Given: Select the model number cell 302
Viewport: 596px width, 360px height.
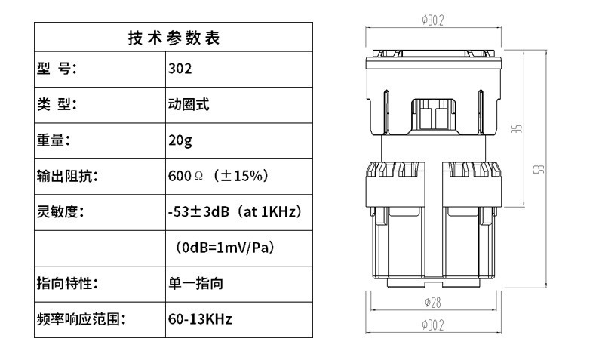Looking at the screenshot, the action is click(x=180, y=69).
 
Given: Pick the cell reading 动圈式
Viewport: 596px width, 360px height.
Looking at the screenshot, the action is click(x=189, y=104).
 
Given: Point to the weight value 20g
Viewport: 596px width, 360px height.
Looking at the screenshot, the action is click(x=181, y=140).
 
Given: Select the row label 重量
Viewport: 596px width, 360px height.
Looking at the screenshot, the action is click(x=54, y=140).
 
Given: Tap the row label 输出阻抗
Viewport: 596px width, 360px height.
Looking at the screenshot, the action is click(x=68, y=176).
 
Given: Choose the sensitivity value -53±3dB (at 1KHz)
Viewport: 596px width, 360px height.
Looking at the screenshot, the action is click(x=235, y=212).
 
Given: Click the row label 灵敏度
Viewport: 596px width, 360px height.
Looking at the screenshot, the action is click(x=60, y=212).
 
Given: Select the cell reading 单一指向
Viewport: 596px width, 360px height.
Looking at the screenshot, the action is click(x=195, y=284).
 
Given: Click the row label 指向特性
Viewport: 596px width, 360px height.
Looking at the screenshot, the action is click(x=68, y=284).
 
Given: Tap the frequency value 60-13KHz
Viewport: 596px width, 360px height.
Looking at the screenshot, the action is click(x=200, y=319).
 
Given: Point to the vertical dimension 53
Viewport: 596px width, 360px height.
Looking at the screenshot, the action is click(x=540, y=169).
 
